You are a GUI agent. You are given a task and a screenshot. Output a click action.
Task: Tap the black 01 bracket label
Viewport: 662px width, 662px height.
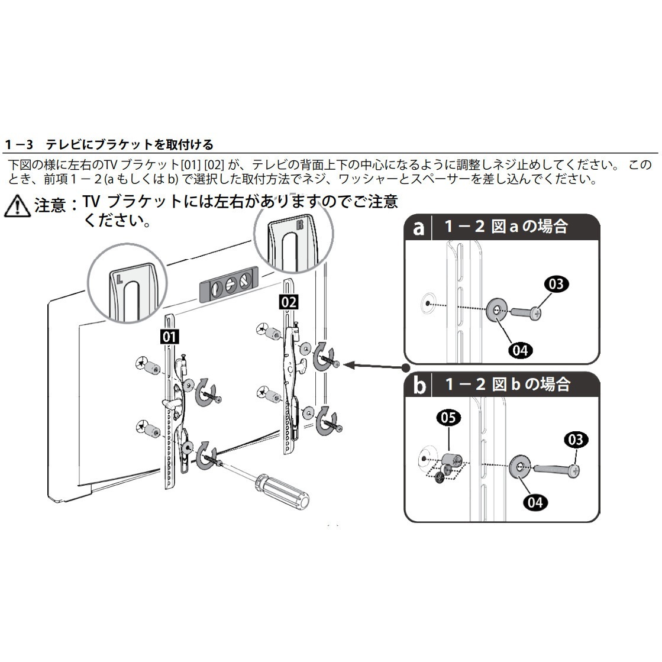click(x=169, y=337)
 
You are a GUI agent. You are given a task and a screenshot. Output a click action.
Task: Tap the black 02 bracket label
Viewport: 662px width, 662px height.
click(x=289, y=302)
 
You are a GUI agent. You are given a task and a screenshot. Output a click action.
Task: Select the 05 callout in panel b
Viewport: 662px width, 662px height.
click(x=448, y=418)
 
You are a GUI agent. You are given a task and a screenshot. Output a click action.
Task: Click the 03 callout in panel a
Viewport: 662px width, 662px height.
click(x=556, y=284)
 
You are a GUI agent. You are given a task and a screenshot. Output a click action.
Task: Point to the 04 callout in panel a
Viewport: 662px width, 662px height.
click(x=520, y=350)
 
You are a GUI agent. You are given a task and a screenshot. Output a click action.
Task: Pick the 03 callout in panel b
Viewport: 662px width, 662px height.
click(x=576, y=440)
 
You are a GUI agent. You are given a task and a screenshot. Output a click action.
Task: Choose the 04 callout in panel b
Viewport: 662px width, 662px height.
click(x=535, y=502)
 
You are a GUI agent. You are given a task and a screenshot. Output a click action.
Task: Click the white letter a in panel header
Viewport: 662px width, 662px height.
click(x=418, y=228)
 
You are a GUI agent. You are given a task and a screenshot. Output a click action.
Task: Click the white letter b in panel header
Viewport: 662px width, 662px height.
click(x=419, y=385)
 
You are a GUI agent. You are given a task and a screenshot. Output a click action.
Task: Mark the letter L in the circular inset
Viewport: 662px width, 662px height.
click(x=120, y=279)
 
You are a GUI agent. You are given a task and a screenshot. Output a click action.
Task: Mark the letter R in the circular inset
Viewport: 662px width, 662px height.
click(x=300, y=224)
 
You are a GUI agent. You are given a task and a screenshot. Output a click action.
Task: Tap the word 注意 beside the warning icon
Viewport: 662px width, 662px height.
click(x=50, y=206)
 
